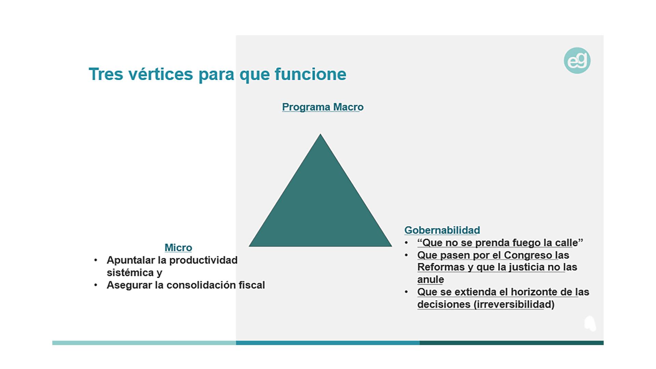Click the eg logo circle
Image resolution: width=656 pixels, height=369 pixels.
click(x=577, y=61)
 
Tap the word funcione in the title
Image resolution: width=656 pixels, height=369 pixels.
click(x=310, y=74)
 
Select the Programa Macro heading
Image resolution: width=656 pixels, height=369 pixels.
click(x=323, y=107)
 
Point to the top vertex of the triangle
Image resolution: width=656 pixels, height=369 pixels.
click(x=320, y=134)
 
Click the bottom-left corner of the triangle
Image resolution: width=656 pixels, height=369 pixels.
click(x=249, y=246)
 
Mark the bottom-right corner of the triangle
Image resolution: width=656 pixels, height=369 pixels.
click(x=392, y=246)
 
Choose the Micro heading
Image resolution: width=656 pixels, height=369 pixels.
click(x=178, y=248)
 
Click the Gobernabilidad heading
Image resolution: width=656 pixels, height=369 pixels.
click(x=442, y=230)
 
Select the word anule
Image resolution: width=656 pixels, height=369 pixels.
click(x=430, y=279)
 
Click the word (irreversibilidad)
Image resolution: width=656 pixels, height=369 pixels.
click(x=514, y=304)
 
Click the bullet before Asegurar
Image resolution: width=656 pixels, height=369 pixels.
click(x=96, y=285)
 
